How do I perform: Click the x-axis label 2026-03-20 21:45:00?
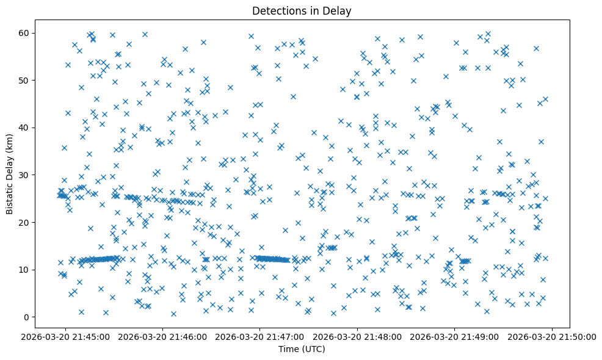(66, 336)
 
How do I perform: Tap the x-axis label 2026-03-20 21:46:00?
(163, 336)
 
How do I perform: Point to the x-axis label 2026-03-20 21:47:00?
(260, 336)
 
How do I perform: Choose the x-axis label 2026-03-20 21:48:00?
(358, 336)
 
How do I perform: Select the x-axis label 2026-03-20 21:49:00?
(455, 336)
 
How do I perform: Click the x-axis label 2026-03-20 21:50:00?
(553, 336)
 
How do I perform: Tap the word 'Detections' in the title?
(282, 11)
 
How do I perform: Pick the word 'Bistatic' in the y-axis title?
(10, 197)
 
